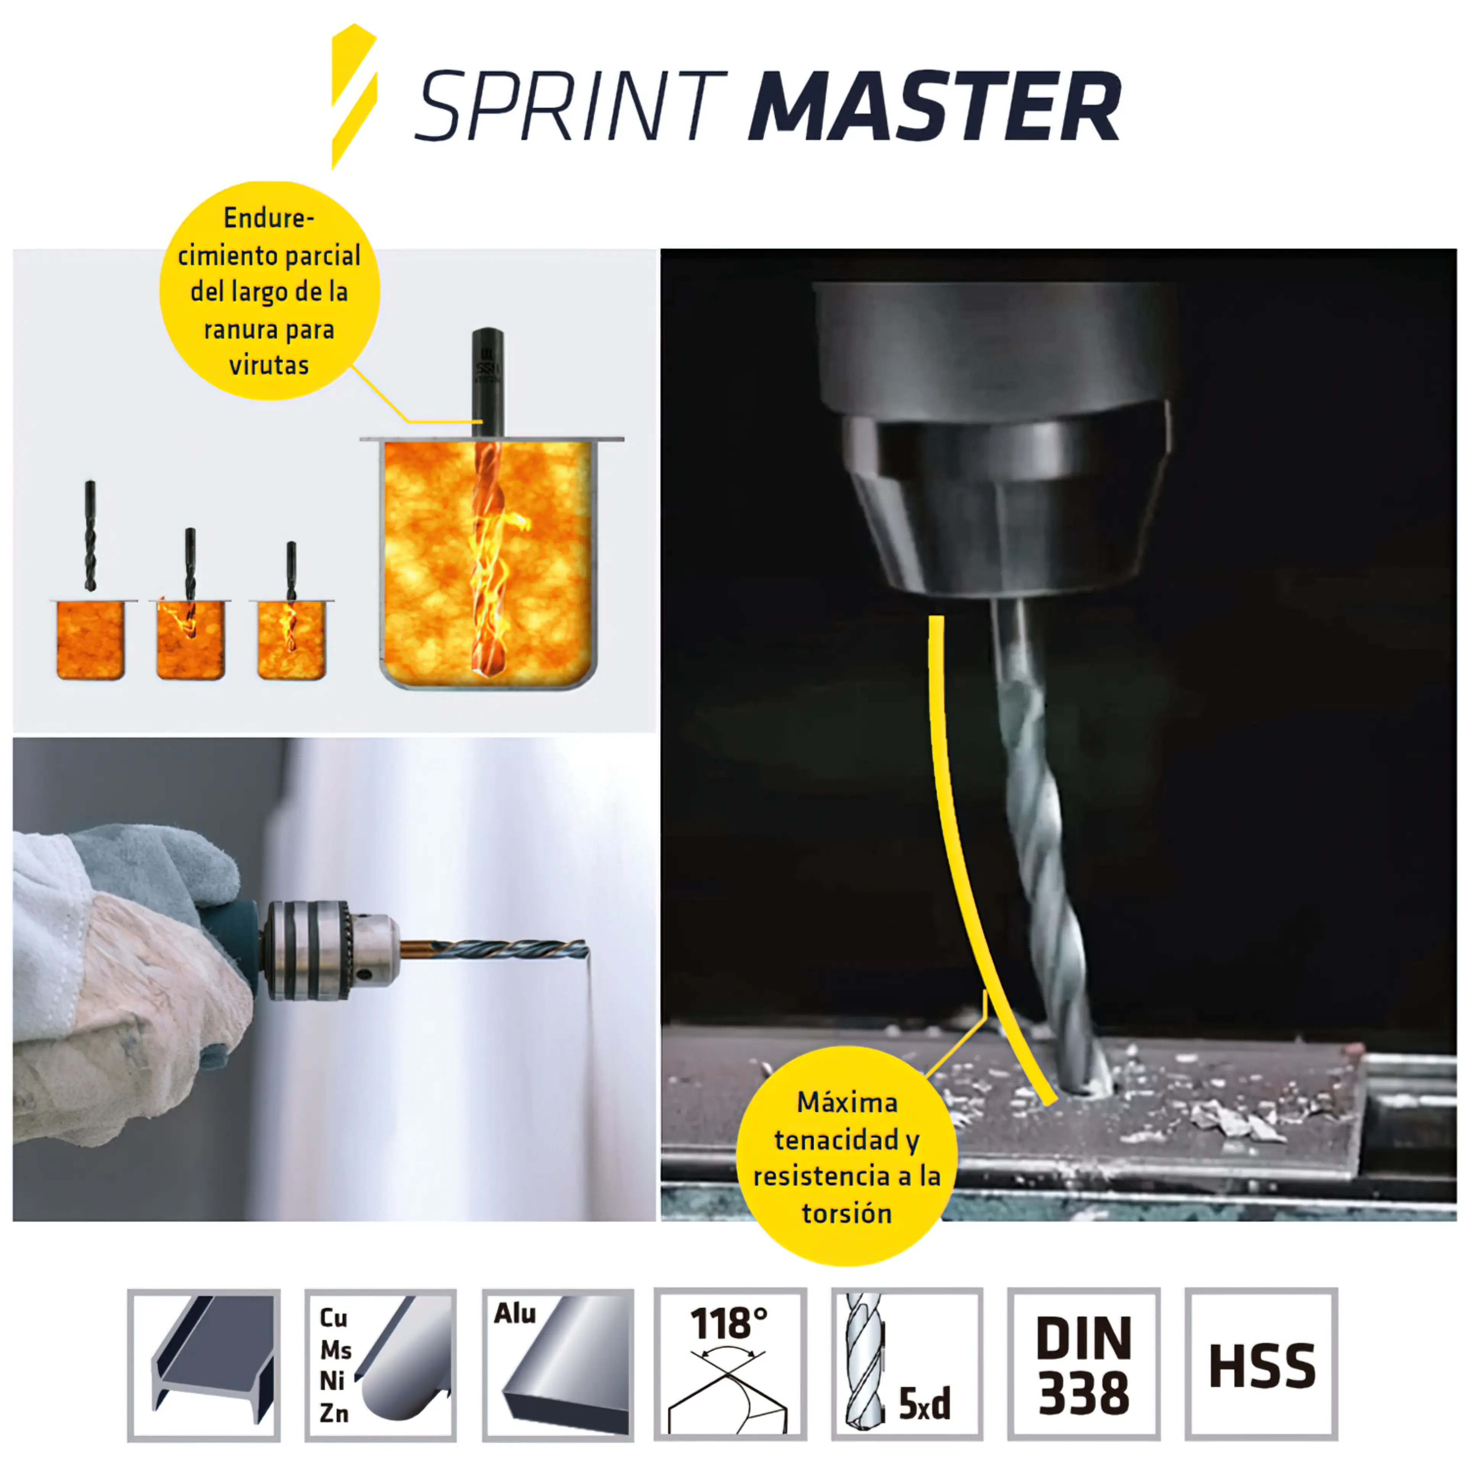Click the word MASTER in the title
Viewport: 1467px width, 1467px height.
[x=934, y=106]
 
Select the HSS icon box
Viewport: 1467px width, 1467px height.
[x=1261, y=1365]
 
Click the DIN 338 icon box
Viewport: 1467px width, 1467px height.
[x=1083, y=1365]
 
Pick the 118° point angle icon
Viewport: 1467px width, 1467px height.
[x=730, y=1365]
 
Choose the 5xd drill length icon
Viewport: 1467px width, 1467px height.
[x=907, y=1365]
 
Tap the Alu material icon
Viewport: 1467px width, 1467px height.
[x=558, y=1365]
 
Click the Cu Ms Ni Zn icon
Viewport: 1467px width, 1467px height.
[x=381, y=1365]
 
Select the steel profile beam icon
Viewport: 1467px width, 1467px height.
[x=204, y=1365]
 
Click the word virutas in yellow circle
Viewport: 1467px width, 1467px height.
[x=269, y=365]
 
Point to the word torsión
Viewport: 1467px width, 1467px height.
[x=847, y=1213]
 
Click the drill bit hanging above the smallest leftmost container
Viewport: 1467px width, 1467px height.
[x=91, y=535]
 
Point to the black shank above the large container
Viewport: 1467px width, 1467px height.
[x=487, y=380]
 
